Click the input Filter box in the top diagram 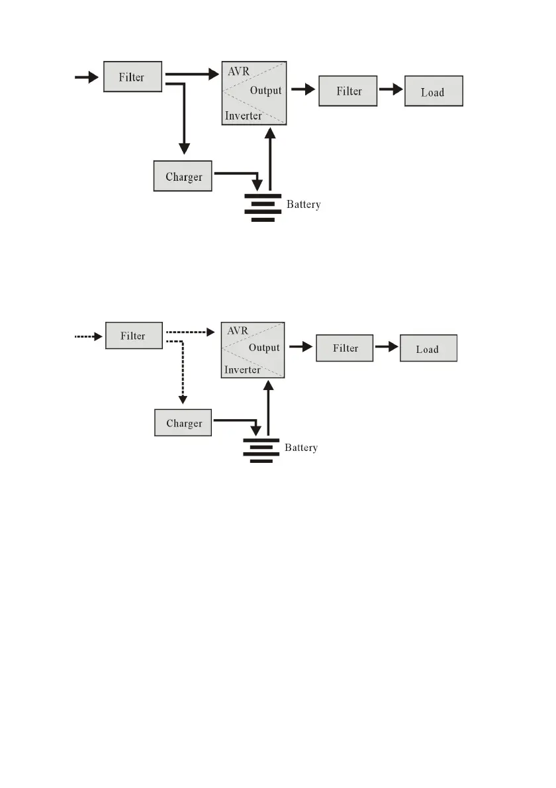[132, 77]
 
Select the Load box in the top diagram [433, 92]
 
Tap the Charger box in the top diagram [183, 177]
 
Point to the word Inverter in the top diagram [243, 116]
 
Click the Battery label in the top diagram [304, 205]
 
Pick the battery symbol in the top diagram [259, 207]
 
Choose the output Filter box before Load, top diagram [348, 91]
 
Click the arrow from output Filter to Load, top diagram [391, 90]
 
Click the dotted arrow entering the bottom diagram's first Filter [86, 336]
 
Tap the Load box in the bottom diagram [428, 349]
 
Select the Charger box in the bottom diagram [183, 423]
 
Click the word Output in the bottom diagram [264, 348]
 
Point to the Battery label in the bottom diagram [302, 448]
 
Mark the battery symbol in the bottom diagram [261, 450]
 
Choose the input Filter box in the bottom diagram [133, 336]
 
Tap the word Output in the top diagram [265, 91]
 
